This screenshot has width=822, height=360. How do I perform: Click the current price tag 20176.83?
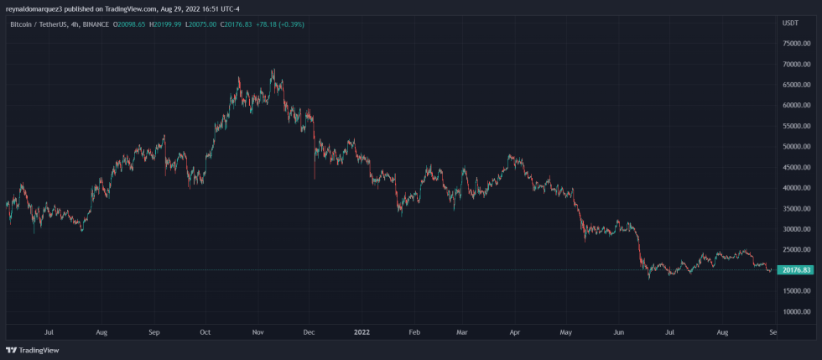(794, 270)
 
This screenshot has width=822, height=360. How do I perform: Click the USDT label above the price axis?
(790, 24)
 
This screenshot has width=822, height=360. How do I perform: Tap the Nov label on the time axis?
(258, 332)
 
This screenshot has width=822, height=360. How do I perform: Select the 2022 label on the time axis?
(362, 332)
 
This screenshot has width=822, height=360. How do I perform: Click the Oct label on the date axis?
(205, 332)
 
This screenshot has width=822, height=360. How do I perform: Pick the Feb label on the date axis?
(414, 332)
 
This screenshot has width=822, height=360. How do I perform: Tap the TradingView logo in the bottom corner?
(26, 350)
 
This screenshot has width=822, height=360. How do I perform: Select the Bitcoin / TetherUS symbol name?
(39, 24)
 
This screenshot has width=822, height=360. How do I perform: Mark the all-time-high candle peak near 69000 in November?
(273, 70)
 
